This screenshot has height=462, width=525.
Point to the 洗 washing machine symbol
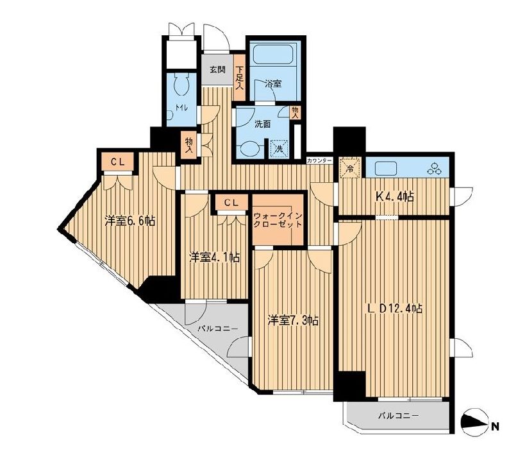click(278, 148)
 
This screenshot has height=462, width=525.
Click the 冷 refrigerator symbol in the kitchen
click(350, 167)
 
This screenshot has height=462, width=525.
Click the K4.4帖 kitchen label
click(394, 196)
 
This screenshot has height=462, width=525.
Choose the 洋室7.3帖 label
click(293, 320)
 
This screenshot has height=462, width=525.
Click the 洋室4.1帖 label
click(214, 257)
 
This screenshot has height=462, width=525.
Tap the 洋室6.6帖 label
click(130, 221)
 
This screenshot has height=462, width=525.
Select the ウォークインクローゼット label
click(277, 221)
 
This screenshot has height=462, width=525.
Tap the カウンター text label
click(319, 159)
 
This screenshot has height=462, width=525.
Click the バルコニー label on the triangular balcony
click(217, 329)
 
